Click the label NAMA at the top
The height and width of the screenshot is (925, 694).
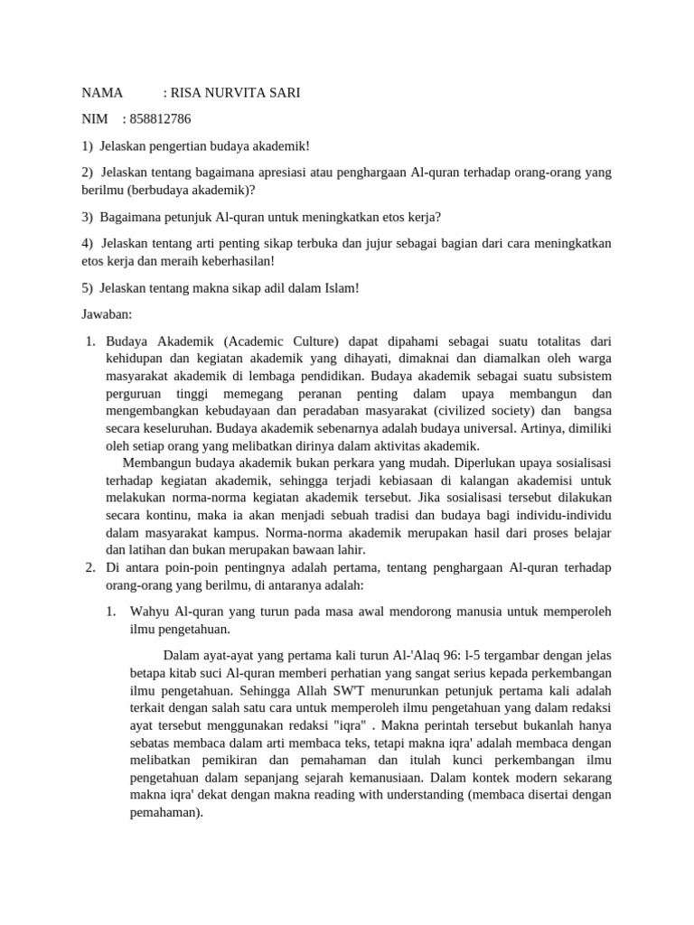click(x=102, y=93)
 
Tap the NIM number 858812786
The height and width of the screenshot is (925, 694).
click(x=162, y=119)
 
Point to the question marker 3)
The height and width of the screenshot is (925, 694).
click(x=88, y=217)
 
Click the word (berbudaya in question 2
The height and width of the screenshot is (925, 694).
click(x=155, y=191)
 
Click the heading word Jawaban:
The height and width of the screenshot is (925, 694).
click(x=107, y=313)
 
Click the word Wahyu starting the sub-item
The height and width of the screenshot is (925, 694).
click(x=149, y=612)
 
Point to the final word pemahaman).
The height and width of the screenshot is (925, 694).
click(x=166, y=813)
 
